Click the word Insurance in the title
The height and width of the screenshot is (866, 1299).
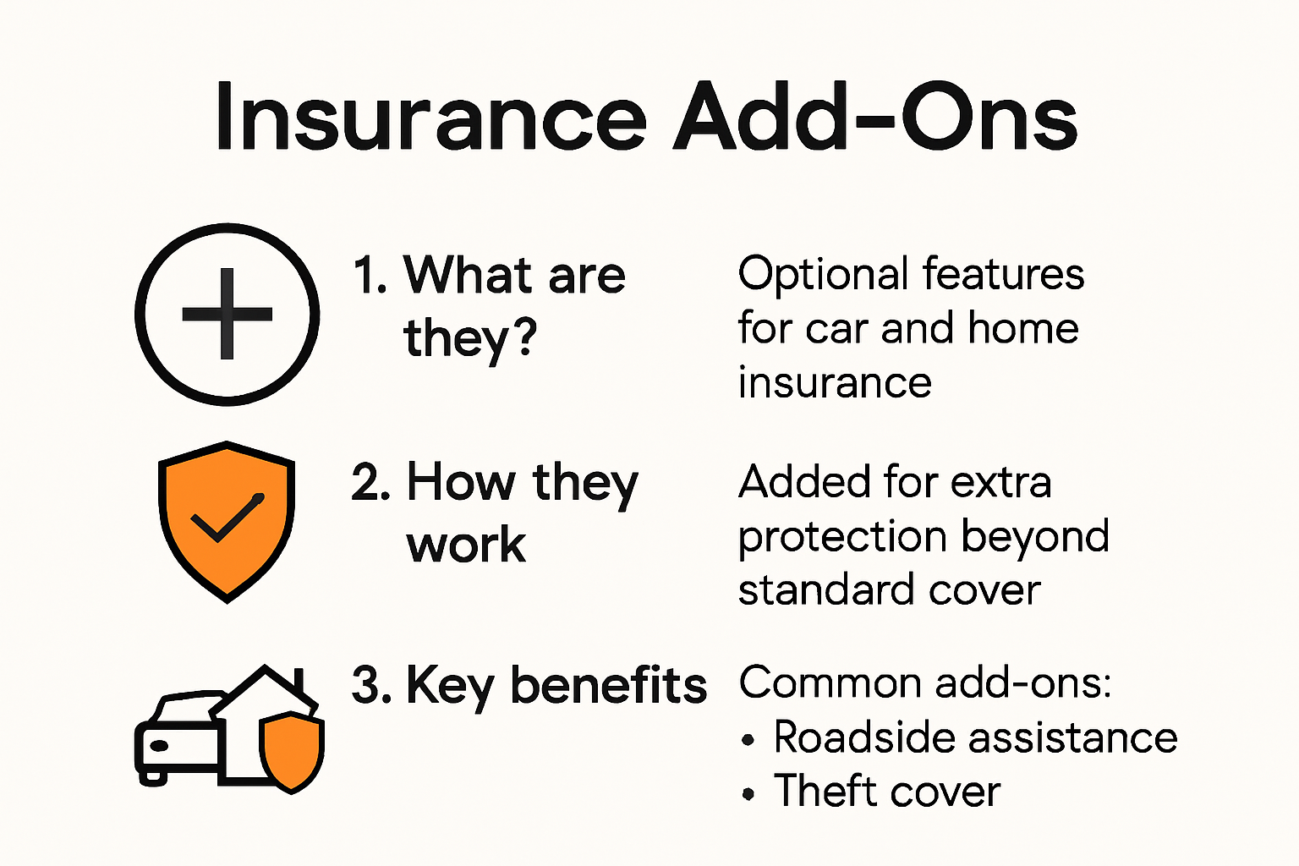(x=430, y=118)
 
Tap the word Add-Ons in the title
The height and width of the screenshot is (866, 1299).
(x=875, y=118)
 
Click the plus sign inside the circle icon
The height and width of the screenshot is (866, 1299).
(x=227, y=315)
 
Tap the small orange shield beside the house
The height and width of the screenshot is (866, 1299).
(x=291, y=751)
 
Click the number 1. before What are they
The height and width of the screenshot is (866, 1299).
(x=370, y=276)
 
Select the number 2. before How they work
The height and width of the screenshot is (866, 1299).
(x=370, y=483)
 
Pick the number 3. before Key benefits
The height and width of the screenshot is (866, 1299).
(x=370, y=685)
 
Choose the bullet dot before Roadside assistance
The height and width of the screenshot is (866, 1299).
(x=748, y=741)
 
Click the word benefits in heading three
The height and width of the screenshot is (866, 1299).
(x=608, y=685)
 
